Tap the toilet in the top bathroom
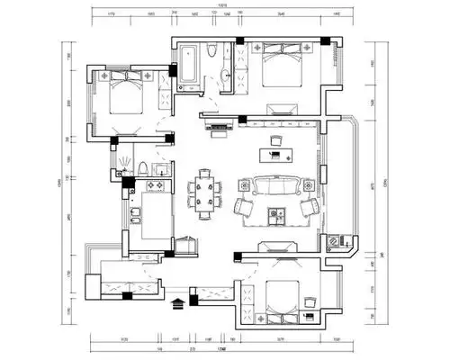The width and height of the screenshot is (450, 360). pyautogui.click(x=210, y=53)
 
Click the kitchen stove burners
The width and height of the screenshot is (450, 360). pyautogui.click(x=151, y=187)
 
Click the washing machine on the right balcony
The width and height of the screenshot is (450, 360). pyautogui.click(x=336, y=240)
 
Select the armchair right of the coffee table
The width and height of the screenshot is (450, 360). pyautogui.click(x=309, y=208)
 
